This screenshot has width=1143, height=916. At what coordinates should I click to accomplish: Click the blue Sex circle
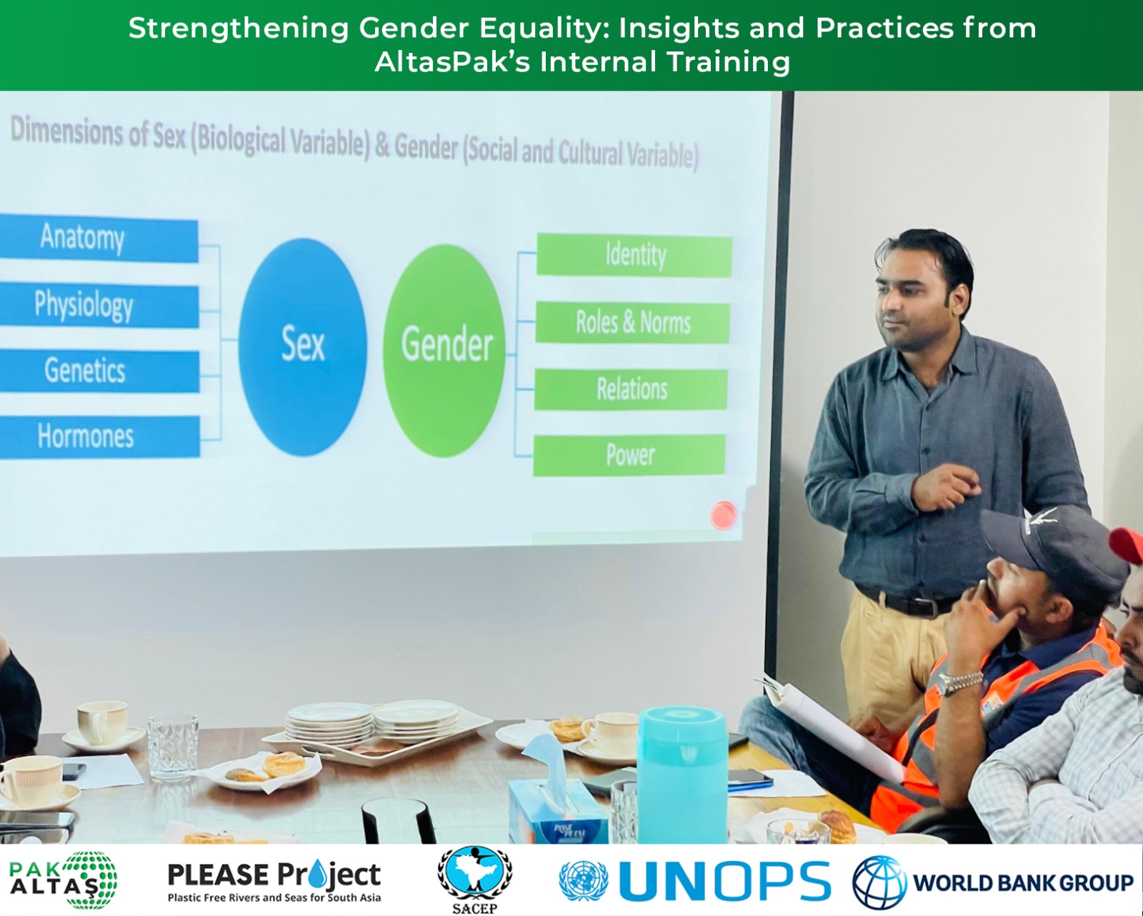pyautogui.click(x=303, y=347)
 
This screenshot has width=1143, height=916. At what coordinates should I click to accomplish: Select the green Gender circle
pyautogui.click(x=444, y=351)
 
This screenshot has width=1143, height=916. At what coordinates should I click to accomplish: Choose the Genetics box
pyautogui.click(x=100, y=370)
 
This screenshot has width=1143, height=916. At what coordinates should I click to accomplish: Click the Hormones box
pyautogui.click(x=100, y=437)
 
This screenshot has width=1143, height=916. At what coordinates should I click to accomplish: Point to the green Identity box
pyautogui.click(x=634, y=256)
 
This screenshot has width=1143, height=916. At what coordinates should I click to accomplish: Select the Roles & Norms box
pyautogui.click(x=633, y=322)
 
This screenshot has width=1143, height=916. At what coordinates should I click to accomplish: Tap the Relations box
pyautogui.click(x=631, y=389)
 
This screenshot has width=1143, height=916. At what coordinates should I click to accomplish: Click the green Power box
pyautogui.click(x=629, y=455)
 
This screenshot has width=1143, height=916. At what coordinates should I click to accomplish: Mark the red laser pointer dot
pyautogui.click(x=723, y=515)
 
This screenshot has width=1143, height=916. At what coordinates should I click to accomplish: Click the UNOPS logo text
pyautogui.click(x=724, y=880)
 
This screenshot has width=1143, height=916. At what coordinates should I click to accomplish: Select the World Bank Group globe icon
pyautogui.click(x=879, y=882)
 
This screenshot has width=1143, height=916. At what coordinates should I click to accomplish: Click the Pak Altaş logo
pyautogui.click(x=63, y=880)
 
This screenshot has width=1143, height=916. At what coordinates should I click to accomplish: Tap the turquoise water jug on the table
pyautogui.click(x=682, y=775)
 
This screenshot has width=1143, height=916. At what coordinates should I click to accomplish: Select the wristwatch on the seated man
pyautogui.click(x=959, y=682)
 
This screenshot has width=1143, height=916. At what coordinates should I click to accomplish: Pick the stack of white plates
pyautogui.click(x=371, y=720)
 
